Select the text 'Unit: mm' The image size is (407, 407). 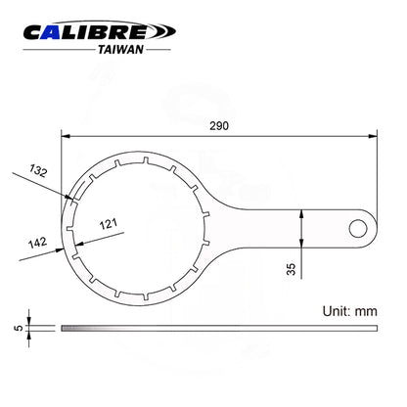(x=350, y=311)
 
